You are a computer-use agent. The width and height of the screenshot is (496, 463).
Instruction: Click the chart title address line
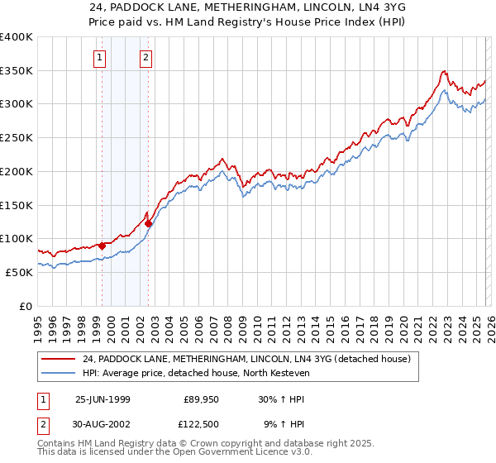pyautogui.click(x=247, y=7)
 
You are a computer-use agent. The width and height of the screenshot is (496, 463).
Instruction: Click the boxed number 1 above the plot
pyautogui.click(x=100, y=57)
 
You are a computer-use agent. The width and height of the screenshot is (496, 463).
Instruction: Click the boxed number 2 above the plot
pyautogui.click(x=145, y=57)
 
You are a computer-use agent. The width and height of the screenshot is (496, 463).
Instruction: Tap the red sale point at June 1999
pyautogui.click(x=103, y=245)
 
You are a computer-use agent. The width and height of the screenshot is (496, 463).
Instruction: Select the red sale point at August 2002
pyautogui.click(x=149, y=223)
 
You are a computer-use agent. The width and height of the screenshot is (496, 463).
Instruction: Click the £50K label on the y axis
pyautogui.click(x=18, y=272)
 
